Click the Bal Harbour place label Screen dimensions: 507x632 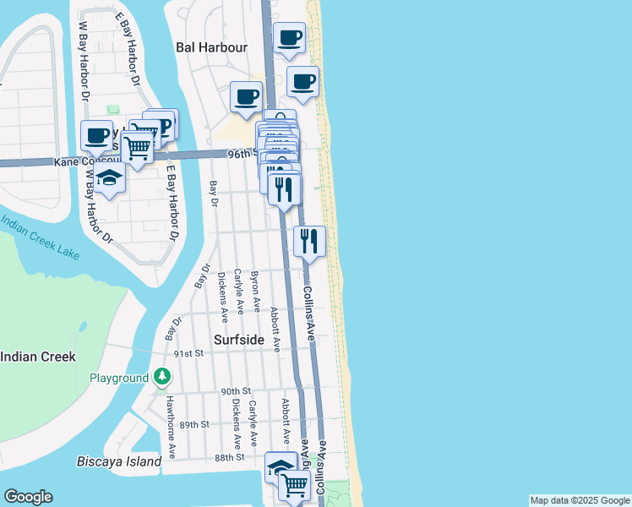pos(211,47)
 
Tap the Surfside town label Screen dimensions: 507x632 pos(238,341)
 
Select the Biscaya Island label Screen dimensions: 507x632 pos(119,462)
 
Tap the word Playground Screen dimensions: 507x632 pos(119,378)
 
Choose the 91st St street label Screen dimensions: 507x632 pos(189,353)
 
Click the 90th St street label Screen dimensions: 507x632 pos(237,391)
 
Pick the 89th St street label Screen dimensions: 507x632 pos(193,424)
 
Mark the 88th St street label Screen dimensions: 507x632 pos(229,457)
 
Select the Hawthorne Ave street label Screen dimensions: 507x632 pos(172,427)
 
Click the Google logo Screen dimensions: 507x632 pos(28,497)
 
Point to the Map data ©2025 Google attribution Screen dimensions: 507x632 pos(580,500)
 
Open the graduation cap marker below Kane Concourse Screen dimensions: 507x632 pos(109,177)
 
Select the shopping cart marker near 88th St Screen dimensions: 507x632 pos(293,485)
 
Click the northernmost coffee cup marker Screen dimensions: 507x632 pos(290,38)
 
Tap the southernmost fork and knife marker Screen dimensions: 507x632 pos(310,242)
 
